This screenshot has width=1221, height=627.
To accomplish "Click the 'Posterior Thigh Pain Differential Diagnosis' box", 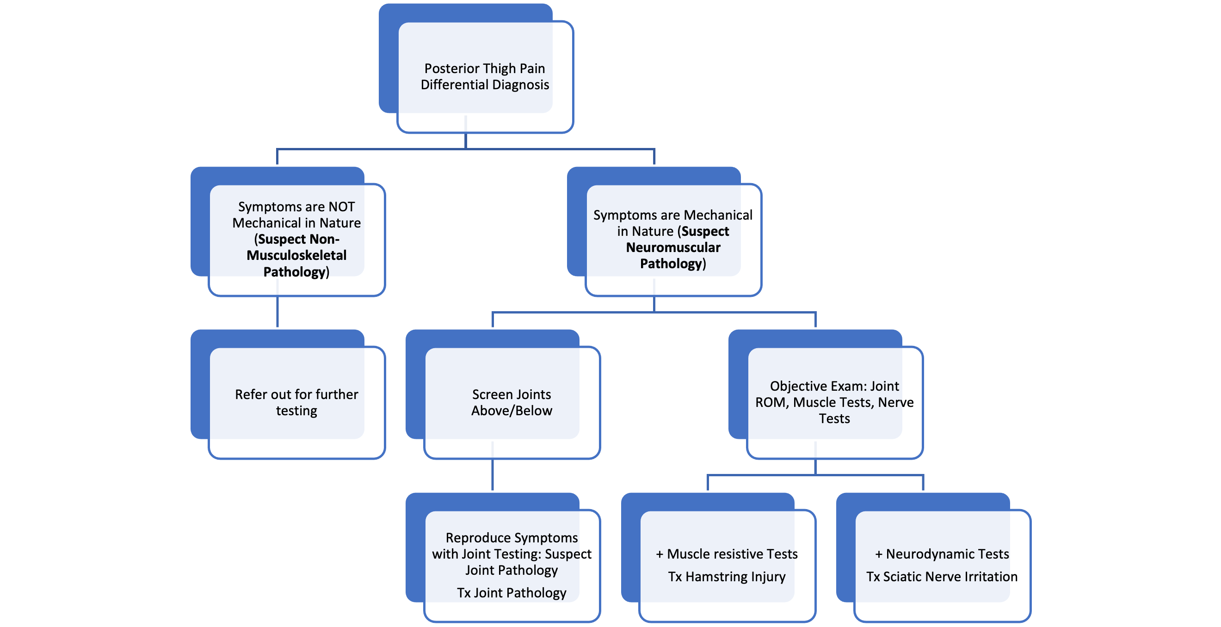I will tap(484, 76).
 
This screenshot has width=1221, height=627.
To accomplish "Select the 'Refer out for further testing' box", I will tap(296, 402).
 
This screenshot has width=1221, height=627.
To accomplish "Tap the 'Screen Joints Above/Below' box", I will tap(512, 402).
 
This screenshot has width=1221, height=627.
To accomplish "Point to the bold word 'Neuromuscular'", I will tap(673, 247).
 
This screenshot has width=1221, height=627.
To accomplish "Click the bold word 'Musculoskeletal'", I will tap(296, 255).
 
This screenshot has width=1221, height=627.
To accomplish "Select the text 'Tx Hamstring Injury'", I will tap(727, 577).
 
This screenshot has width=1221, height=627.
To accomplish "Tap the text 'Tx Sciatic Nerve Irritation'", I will tap(942, 577).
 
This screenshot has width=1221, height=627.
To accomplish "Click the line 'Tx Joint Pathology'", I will tap(512, 593).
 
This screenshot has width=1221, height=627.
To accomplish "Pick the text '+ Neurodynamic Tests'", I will tap(942, 554).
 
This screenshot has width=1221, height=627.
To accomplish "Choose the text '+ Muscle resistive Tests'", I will tap(727, 554).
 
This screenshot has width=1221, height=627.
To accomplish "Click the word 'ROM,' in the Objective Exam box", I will tap(772, 402).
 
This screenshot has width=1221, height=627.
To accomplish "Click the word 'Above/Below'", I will tap(512, 411).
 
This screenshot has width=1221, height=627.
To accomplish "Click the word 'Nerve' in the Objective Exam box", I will tap(895, 402).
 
